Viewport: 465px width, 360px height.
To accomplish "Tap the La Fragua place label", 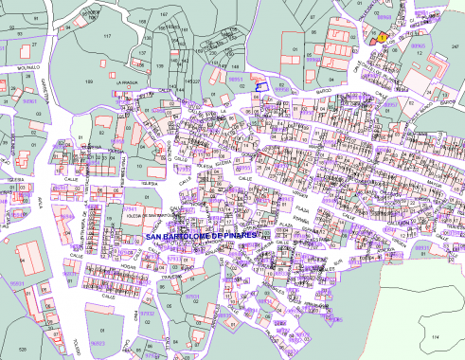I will coord(128,83).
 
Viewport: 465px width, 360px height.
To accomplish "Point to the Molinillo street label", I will coord(23,68).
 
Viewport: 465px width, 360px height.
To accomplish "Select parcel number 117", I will coord(107,36).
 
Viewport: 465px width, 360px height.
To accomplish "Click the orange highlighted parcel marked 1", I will coord(381,37).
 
